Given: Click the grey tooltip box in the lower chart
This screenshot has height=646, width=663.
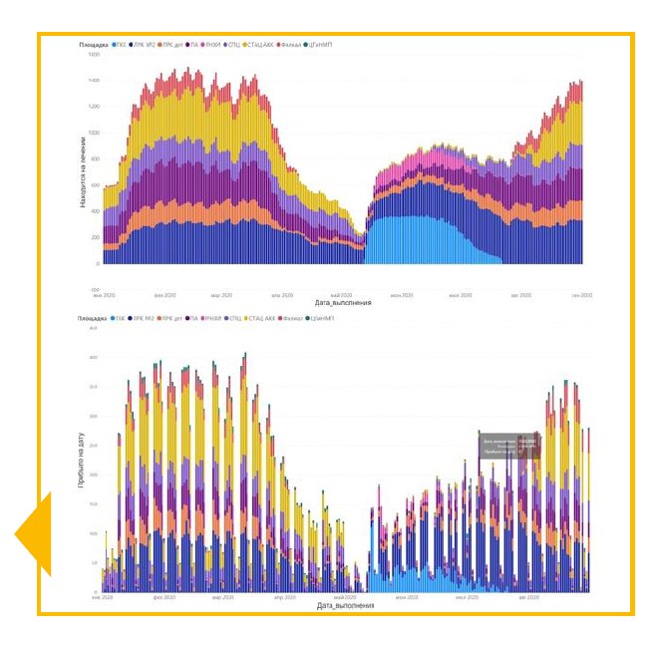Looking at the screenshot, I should (509, 445).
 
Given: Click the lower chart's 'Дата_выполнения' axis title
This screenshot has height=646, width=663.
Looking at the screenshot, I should (345, 605).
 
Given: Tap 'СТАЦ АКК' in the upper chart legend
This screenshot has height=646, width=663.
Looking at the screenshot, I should (262, 45).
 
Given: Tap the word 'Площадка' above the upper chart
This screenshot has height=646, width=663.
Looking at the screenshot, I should (96, 45).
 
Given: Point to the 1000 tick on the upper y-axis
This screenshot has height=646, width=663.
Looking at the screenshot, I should (94, 133).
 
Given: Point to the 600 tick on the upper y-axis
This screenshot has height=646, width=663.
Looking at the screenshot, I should (95, 185).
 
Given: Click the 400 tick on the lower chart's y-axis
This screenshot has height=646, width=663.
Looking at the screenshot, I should (94, 357).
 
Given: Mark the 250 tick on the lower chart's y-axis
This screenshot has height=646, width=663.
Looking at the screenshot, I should (94, 446).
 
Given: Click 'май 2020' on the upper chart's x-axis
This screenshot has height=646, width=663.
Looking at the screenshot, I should (341, 295).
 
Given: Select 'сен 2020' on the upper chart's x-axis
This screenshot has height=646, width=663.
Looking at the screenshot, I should (582, 295).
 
